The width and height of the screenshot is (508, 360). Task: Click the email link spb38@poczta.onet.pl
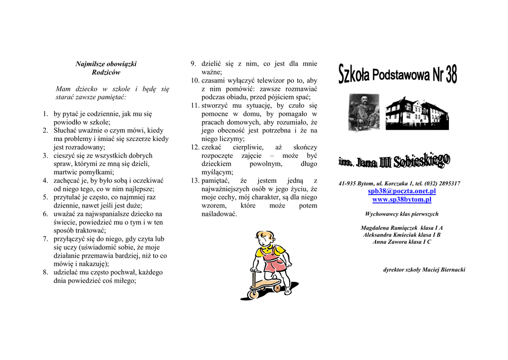pos(401,191)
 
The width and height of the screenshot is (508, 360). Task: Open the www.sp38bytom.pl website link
pos(401,200)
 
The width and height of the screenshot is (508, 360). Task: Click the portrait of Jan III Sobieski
pos(364,112)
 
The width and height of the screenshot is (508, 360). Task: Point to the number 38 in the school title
pos(450,75)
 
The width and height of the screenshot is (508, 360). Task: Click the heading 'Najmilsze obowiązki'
pos(106,64)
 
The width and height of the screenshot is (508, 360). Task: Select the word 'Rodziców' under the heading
pos(106,72)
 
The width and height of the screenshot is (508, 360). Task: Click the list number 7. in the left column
pos(45,239)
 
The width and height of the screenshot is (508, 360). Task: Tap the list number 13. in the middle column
pos(195,181)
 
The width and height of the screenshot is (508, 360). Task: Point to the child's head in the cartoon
pos(265,239)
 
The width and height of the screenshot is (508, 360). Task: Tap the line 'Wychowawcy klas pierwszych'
pos(401,214)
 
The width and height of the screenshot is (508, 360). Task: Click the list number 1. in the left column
pos(45,114)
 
